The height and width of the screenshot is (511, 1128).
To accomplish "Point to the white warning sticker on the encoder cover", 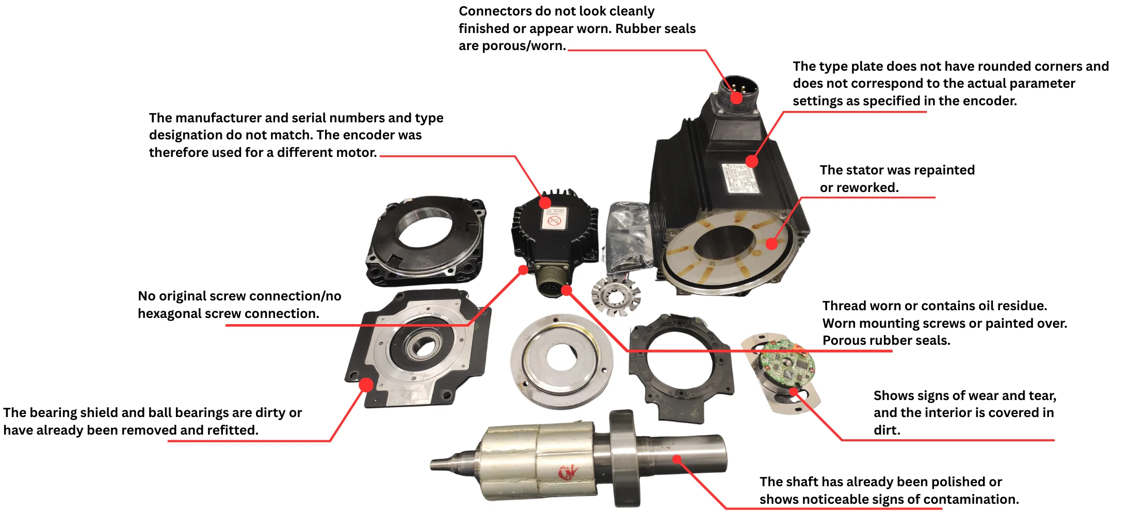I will (554, 219).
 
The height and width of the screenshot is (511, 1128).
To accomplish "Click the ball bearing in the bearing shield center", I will (423, 345).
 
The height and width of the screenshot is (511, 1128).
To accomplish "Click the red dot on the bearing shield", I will (366, 385).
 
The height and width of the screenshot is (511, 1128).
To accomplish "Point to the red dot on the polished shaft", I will (677, 459).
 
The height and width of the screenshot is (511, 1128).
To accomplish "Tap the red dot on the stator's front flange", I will (771, 243).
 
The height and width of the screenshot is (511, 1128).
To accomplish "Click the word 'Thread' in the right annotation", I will (844, 306).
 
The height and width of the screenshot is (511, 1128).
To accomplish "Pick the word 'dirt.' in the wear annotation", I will (887, 430).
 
